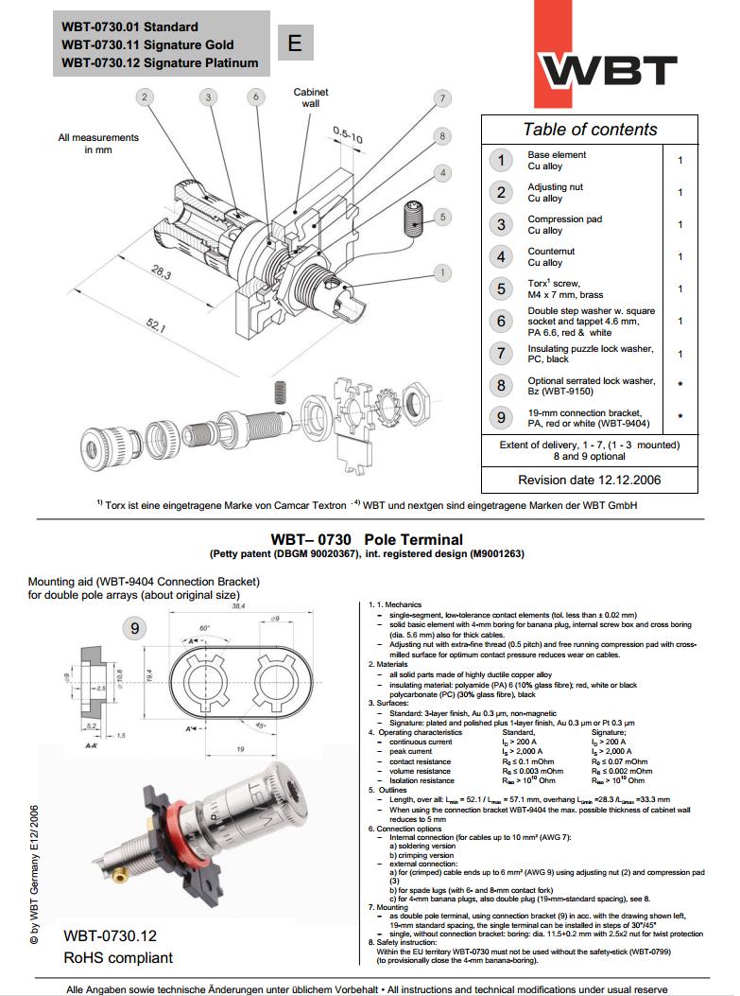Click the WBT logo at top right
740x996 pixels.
607,70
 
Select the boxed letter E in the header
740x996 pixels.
294,44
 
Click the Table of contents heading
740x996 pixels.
591,130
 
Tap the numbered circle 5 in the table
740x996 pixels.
503,289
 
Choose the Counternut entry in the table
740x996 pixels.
551,256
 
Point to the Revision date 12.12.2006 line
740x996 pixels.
590,480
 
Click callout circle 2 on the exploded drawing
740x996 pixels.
145,96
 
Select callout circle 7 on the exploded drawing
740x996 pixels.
441,98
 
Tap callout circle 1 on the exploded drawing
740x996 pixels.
441,272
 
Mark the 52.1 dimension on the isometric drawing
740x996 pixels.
155,328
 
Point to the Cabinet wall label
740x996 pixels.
311,96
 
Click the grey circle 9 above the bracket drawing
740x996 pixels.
136,626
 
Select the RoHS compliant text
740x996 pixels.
118,957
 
